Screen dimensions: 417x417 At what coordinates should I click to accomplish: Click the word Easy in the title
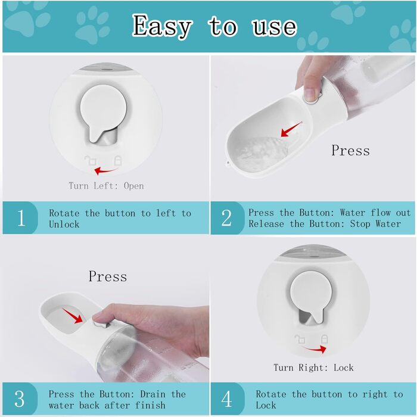(161, 26)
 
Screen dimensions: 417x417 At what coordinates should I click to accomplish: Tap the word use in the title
(274, 27)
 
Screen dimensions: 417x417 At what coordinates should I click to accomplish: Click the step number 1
(21, 218)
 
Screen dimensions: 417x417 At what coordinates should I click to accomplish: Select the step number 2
(226, 218)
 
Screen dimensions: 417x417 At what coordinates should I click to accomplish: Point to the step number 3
(20, 399)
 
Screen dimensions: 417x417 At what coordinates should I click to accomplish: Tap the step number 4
(226, 399)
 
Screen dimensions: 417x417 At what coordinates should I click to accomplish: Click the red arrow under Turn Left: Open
(106, 170)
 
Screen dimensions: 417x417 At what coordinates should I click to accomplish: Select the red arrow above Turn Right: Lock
(314, 348)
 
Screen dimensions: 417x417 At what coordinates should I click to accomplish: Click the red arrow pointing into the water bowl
(291, 129)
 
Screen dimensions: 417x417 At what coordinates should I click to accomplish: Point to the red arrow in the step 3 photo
(73, 316)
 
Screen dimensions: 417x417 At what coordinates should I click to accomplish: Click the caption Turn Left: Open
(106, 186)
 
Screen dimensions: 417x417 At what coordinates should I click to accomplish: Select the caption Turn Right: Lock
(313, 368)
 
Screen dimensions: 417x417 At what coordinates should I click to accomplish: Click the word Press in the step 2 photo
(350, 150)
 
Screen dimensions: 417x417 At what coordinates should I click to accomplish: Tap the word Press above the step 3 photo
(107, 276)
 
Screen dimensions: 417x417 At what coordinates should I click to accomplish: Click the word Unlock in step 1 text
(64, 224)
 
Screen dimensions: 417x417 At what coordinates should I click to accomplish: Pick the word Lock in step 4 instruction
(266, 405)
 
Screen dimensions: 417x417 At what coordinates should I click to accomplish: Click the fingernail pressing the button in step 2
(310, 94)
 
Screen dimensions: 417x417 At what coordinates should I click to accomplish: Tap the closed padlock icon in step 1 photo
(118, 161)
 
